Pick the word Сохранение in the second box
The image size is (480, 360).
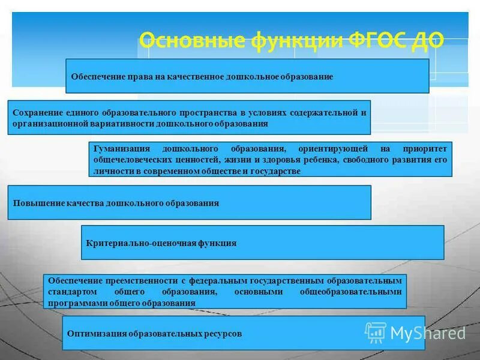point(37,112)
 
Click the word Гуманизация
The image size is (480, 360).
point(118,148)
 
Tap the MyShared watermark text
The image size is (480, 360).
point(428,333)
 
